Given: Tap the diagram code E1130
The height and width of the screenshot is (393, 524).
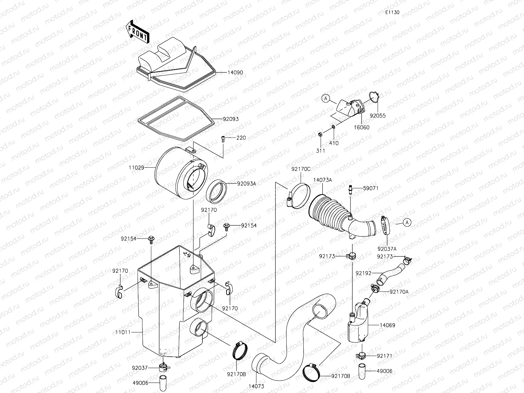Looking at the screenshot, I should coord(392,12).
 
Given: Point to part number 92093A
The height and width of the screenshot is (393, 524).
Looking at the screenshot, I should coord(246,183).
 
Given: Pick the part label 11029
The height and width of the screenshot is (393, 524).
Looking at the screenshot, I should coord(136,167).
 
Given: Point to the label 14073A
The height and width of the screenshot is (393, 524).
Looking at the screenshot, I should coord(323,180).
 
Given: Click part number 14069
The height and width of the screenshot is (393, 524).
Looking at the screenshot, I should coord(387,325).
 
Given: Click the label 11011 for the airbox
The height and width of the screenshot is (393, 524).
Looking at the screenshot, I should coord(123,332).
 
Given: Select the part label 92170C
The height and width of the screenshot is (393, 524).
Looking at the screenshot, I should coord(301,169).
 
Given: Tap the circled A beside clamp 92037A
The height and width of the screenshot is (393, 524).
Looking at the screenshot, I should coord(407,223).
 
